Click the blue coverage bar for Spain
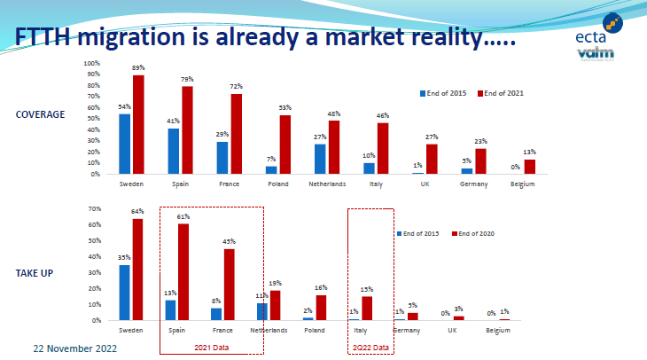point(173,152)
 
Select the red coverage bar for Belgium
point(530,167)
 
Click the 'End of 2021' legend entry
point(505,92)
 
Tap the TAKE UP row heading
point(35,272)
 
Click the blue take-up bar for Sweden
point(125,292)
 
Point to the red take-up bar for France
point(229,284)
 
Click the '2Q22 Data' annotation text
point(370,347)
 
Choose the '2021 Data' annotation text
point(211,347)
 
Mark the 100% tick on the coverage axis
point(92,64)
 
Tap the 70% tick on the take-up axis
point(93,208)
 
